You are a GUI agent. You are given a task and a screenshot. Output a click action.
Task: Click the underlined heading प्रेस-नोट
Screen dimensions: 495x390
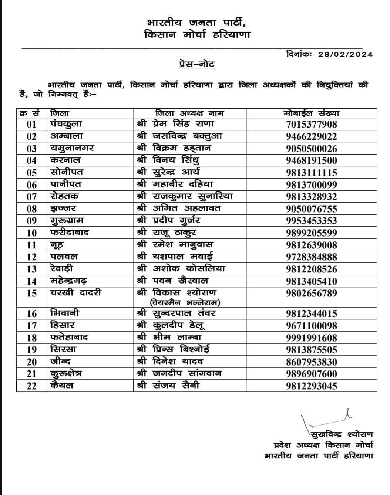(195, 64)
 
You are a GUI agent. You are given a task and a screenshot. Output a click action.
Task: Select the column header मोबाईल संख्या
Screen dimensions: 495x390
(311, 113)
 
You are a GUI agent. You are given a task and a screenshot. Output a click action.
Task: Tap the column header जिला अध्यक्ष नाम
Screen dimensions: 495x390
(189, 113)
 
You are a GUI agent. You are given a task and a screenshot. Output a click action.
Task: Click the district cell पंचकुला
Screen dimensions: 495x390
(66, 124)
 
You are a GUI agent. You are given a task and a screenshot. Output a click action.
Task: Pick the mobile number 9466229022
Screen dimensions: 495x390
(311, 136)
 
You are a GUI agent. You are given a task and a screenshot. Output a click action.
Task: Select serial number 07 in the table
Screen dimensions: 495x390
(32, 197)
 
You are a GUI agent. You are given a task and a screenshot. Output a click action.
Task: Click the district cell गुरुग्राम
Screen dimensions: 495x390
(67, 221)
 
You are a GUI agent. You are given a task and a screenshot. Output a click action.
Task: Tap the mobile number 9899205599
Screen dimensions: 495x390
(311, 233)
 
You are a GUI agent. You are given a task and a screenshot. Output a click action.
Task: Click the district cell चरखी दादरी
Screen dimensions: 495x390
(75, 293)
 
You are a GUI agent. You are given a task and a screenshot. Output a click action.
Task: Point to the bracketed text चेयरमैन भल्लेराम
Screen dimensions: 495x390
(185, 303)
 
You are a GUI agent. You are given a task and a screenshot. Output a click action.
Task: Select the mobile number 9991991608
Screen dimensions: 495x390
(311, 338)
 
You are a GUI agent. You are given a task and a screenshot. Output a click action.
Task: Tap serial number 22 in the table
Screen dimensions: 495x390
(32, 386)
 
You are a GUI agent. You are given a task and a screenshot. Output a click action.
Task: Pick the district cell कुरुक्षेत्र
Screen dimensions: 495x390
(66, 374)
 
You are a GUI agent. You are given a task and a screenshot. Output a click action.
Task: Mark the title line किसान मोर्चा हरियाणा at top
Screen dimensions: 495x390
(197, 35)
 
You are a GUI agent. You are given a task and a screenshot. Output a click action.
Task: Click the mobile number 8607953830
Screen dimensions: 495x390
(311, 362)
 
